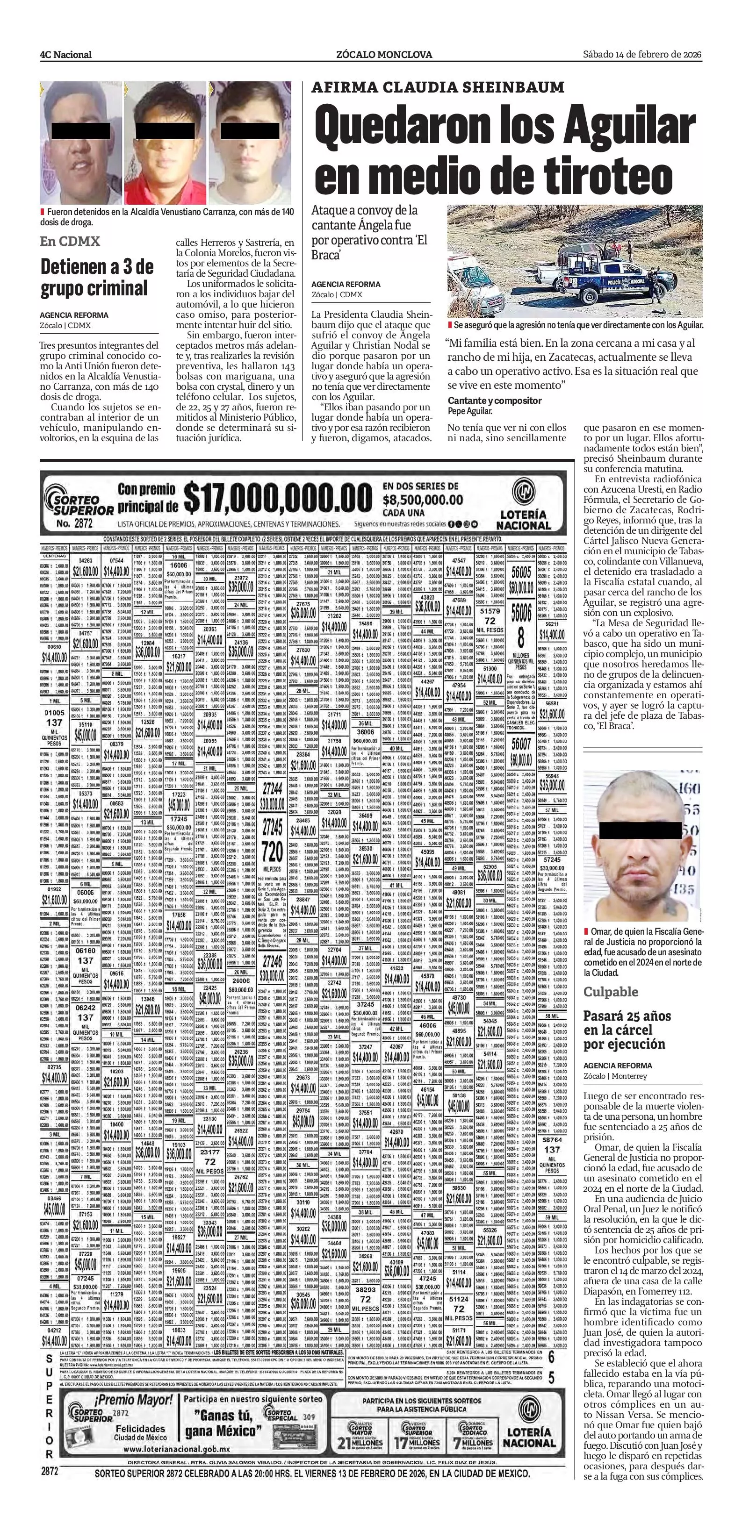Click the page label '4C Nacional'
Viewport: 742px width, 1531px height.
coord(66,55)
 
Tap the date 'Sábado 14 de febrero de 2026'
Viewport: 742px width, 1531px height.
coord(642,54)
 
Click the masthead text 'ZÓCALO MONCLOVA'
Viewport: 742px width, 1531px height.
coord(384,55)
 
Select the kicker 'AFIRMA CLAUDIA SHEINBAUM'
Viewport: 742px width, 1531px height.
coord(438,87)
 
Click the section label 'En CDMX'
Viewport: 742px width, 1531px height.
coord(70,241)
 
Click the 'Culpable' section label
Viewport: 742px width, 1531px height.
coord(611,992)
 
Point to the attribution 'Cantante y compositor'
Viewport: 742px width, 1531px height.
coord(495,401)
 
